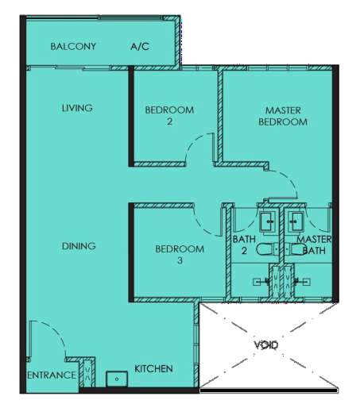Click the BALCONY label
(73, 47)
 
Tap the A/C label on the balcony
(140, 47)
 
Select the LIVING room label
(77, 108)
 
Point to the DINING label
(79, 246)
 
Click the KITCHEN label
(153, 368)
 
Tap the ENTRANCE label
(52, 375)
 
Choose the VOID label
(266, 344)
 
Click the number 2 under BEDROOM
(169, 121)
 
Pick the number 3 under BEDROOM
(180, 260)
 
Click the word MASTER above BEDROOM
(283, 110)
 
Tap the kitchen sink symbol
(117, 379)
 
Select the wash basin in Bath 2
(268, 221)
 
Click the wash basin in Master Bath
(296, 221)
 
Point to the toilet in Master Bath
(295, 249)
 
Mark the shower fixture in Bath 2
(261, 282)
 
